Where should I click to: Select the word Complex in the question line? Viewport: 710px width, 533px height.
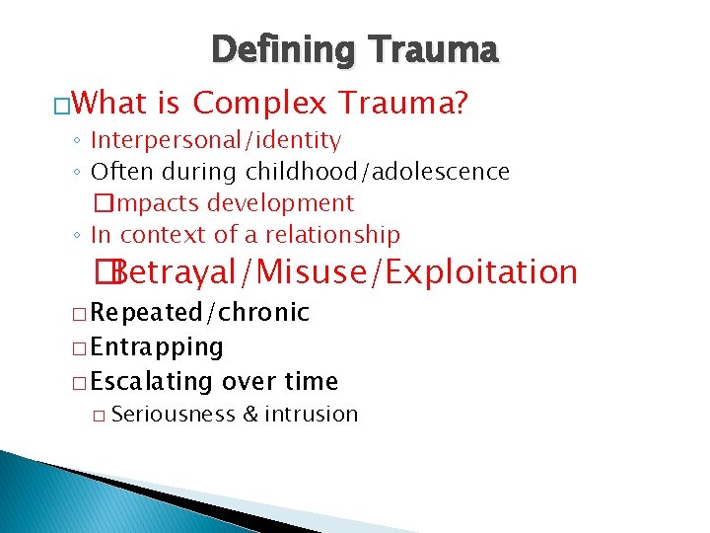tap(261, 102)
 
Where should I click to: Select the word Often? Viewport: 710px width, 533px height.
tap(122, 172)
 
